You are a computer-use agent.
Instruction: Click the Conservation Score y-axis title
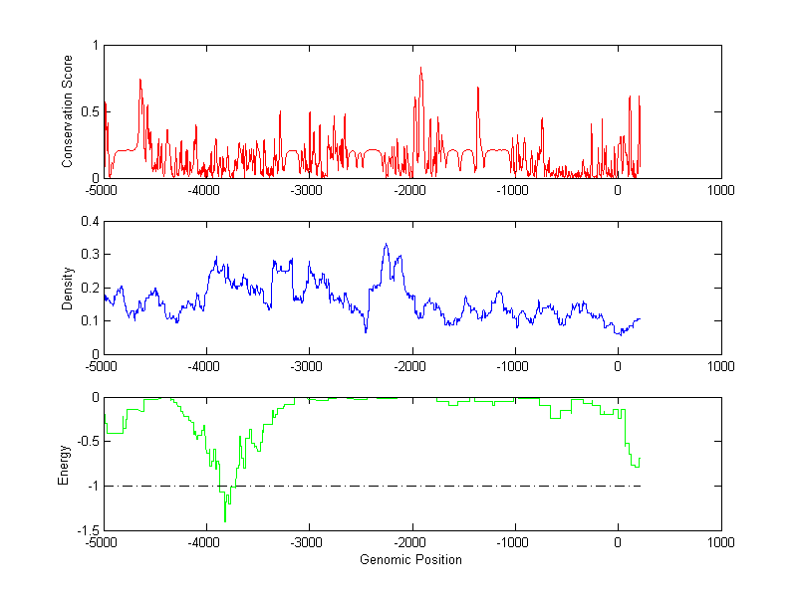68,111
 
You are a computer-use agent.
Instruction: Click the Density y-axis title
68,289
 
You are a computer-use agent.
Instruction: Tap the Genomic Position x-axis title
411,560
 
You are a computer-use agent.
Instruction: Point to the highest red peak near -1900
420,68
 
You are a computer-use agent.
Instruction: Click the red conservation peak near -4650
139,80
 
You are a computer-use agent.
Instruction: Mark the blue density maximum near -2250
386,244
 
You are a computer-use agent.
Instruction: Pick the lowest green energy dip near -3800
225,521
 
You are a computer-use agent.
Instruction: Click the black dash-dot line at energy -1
448,487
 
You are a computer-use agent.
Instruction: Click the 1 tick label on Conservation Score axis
95,45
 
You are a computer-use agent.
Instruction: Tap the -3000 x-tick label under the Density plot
309,366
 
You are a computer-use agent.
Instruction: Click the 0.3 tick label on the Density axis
90,255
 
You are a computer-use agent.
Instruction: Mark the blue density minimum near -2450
366,331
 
